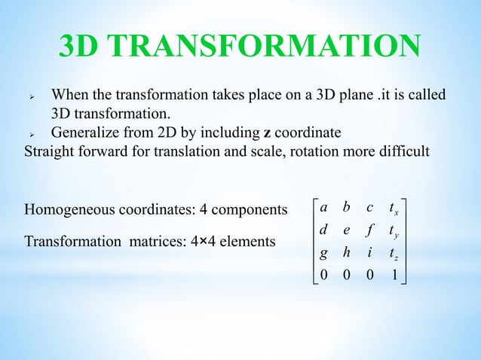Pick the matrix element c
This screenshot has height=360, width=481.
coord(369,205)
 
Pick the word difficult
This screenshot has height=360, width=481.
coord(404,151)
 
